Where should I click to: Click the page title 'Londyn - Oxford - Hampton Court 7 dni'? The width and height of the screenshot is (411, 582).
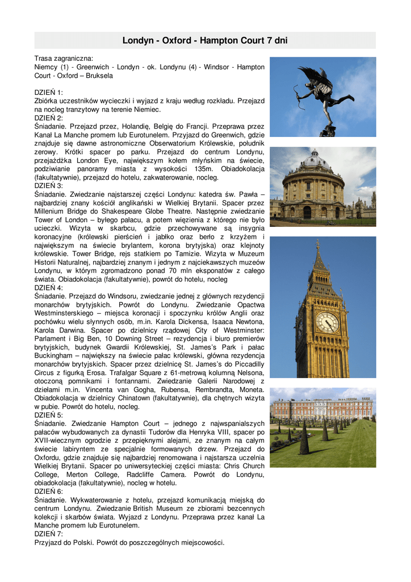click(x=205, y=40)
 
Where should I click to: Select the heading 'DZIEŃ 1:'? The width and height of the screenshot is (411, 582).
click(x=49, y=92)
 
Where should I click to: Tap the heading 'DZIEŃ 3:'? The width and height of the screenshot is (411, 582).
click(x=49, y=185)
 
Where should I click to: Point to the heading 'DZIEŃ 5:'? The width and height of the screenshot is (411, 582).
click(x=49, y=415)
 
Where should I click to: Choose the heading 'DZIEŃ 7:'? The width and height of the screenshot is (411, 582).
click(x=49, y=534)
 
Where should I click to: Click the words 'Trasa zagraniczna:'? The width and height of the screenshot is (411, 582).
click(x=64, y=59)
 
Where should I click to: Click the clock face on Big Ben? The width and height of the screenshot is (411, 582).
click(x=327, y=322)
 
